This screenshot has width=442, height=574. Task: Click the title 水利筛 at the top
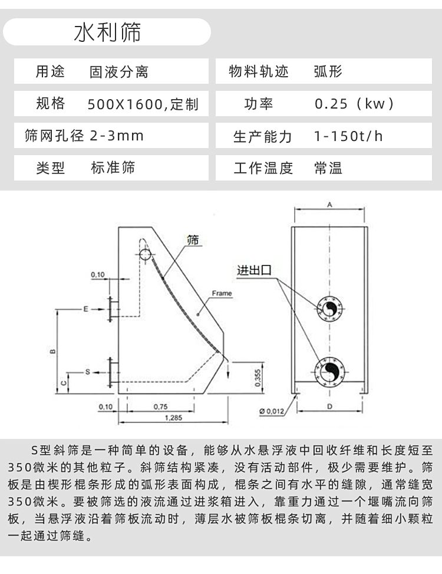click(107, 32)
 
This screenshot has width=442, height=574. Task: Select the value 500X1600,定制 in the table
click(143, 104)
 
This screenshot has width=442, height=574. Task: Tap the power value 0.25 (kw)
click(354, 104)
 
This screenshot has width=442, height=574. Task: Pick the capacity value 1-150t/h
click(348, 136)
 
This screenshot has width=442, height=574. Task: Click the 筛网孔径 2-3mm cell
click(84, 136)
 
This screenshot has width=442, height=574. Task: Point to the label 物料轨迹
click(259, 71)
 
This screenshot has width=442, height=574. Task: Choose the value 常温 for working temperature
click(328, 168)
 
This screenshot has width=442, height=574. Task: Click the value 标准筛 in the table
click(113, 168)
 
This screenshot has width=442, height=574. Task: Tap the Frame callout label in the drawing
click(222, 293)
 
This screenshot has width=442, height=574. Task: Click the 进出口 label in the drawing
click(254, 271)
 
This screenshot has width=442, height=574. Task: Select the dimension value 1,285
click(173, 418)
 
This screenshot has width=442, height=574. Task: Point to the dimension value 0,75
click(160, 406)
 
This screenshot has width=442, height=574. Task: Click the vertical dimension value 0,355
click(258, 378)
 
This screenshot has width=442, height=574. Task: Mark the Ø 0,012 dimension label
click(272, 411)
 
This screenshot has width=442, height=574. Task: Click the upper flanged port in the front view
click(329, 309)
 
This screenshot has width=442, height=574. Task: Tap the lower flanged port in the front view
click(329, 372)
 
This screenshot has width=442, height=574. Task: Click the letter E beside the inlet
click(85, 309)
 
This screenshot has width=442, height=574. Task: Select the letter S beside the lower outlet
click(87, 372)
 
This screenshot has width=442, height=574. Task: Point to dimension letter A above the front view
click(329, 205)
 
